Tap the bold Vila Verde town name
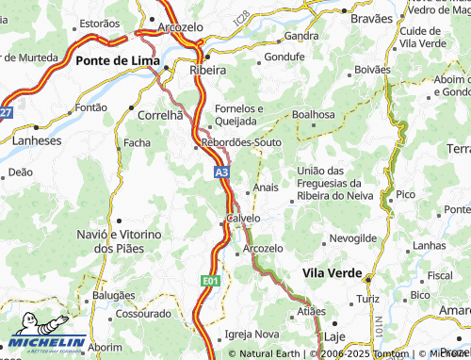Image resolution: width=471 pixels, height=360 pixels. [x=333, y=271]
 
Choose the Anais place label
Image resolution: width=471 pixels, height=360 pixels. [x=266, y=187]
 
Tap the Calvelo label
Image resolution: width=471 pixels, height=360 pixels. [x=243, y=218]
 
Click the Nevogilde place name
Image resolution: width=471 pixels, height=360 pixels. [x=353, y=237]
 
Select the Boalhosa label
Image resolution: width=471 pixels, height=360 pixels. [x=314, y=114]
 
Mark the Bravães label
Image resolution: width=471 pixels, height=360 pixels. [x=370, y=18]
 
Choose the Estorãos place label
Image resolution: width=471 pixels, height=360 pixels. [x=100, y=23]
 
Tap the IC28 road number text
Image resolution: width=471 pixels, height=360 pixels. [x=243, y=18]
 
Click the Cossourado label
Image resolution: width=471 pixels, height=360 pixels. [x=143, y=314]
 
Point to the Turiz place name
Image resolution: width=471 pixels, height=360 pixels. [x=367, y=299]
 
